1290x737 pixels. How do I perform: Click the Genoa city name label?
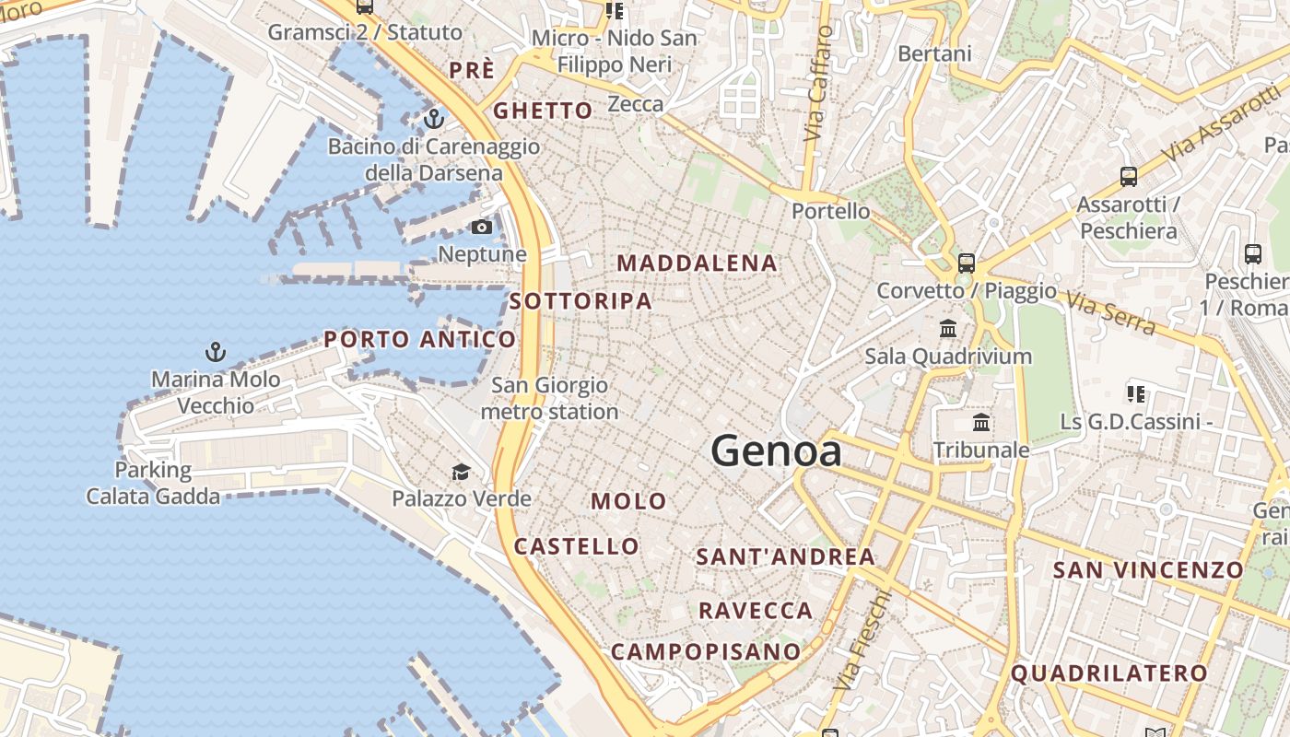[x=776, y=451]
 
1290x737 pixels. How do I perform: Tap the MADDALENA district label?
[x=697, y=263]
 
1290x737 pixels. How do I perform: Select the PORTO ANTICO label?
[x=419, y=339]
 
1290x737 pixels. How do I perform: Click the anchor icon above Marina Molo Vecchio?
[x=215, y=352]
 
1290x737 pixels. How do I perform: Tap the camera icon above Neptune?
[x=482, y=227]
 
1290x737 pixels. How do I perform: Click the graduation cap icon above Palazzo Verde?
[x=461, y=473]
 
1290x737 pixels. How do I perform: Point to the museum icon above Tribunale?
[x=981, y=423]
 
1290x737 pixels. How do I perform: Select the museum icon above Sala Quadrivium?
[x=948, y=329]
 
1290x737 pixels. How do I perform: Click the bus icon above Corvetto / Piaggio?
[x=966, y=263]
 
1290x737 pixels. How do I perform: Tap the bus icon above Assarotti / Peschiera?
[x=1128, y=176]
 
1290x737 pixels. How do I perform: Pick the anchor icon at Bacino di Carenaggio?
[x=433, y=119]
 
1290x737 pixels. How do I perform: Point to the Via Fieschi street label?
[x=862, y=640]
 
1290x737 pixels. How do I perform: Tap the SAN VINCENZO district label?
[x=1148, y=569]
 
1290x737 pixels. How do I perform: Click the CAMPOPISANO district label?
[x=706, y=651]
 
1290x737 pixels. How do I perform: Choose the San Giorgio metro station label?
[x=549, y=398]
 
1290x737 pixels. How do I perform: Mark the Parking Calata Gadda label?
[x=153, y=483]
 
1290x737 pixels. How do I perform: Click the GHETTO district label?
[x=543, y=111]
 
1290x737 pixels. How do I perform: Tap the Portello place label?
[x=830, y=211]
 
